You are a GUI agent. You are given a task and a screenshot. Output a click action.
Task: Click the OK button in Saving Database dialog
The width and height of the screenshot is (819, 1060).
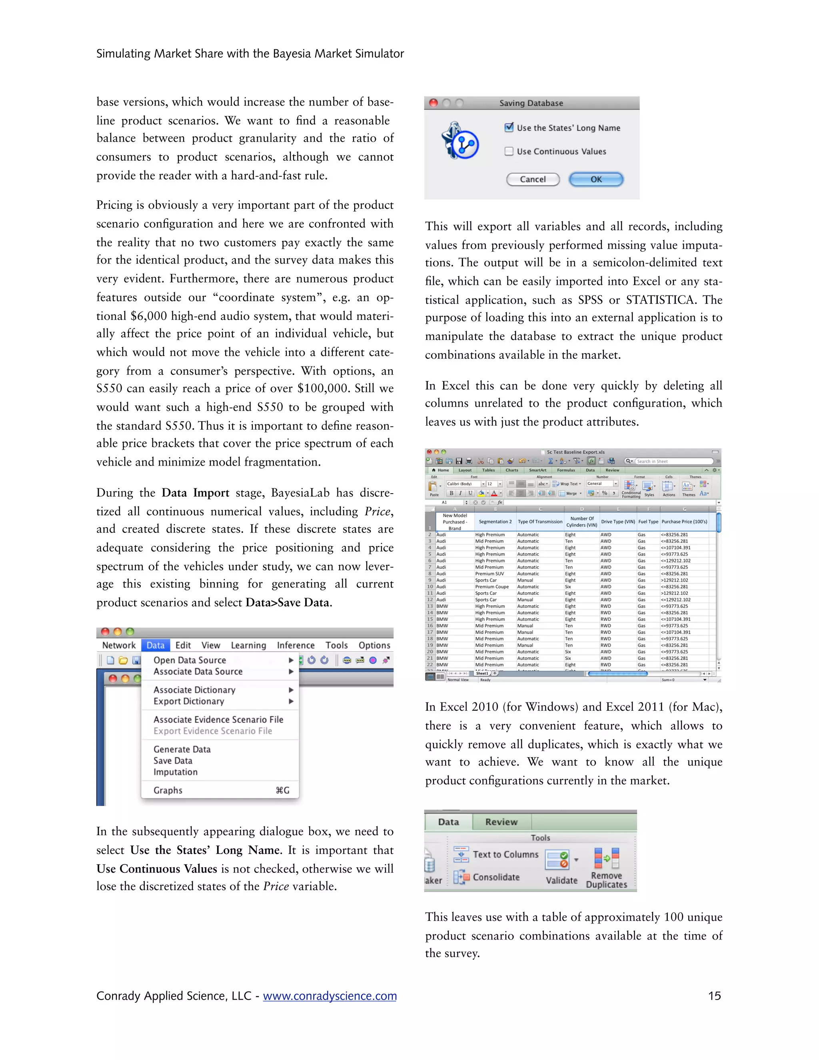click(x=596, y=179)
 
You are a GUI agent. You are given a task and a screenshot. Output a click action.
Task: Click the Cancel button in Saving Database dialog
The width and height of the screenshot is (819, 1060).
click(x=533, y=179)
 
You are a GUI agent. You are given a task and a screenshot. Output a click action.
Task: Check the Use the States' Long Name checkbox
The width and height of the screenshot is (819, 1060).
click(x=509, y=128)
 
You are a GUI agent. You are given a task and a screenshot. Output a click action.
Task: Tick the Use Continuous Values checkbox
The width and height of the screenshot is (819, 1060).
click(x=509, y=152)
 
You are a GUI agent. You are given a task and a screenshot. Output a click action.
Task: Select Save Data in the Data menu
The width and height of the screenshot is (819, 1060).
click(x=173, y=760)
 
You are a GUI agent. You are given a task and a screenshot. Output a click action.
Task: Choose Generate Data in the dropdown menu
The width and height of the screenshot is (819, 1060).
click(x=182, y=749)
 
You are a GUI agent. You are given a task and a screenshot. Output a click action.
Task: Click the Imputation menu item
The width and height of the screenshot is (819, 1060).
click(x=175, y=772)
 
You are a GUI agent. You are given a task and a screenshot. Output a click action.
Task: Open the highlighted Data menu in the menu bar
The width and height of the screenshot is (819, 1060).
click(x=155, y=645)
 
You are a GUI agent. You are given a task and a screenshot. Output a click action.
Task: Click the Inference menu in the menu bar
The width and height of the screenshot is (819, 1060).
click(x=296, y=645)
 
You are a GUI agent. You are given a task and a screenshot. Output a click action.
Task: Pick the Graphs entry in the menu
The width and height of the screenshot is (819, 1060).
click(x=168, y=790)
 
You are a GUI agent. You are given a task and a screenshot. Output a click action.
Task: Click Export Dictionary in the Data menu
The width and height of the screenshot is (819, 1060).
click(x=189, y=701)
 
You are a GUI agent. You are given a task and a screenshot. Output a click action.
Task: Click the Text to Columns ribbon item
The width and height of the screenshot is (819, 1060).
click(x=505, y=854)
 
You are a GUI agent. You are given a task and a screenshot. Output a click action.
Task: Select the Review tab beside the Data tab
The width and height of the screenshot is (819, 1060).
click(x=501, y=822)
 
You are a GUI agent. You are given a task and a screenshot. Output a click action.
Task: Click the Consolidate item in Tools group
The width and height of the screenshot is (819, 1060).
click(x=496, y=877)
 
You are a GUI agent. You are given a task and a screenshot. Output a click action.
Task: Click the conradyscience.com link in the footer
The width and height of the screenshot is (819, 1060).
click(x=330, y=996)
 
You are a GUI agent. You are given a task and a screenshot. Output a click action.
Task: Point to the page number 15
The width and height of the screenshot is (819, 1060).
click(x=714, y=996)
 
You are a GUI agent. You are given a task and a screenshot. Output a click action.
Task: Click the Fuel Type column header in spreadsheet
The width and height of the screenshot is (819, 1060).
click(x=648, y=522)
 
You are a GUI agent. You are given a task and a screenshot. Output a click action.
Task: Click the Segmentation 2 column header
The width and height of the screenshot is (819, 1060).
click(x=495, y=522)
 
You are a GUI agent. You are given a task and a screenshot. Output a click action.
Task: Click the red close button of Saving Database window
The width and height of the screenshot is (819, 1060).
click(x=433, y=103)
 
